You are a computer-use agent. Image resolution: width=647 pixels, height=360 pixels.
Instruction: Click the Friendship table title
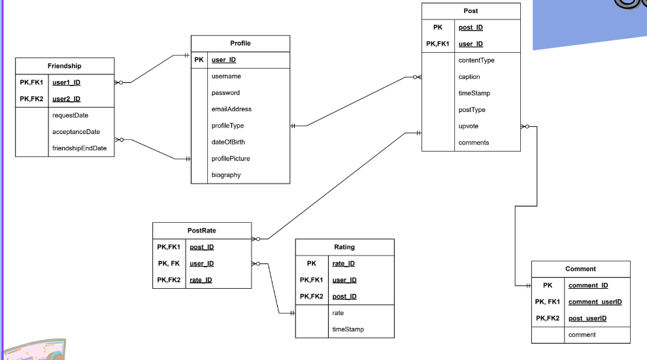65,66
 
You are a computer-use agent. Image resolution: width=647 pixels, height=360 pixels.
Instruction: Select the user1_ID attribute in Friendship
66,83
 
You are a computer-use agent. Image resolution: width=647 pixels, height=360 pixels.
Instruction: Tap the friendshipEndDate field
79,148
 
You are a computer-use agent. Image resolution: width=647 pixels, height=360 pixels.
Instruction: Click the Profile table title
240,43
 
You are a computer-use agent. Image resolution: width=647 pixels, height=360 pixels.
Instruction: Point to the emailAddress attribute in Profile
231,109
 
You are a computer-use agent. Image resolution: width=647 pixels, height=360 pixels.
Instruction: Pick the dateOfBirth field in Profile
228,142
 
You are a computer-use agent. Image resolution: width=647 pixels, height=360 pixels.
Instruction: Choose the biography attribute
226,175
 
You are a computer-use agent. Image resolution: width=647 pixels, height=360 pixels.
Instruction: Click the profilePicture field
231,159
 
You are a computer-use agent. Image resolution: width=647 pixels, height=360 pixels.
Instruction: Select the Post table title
471,11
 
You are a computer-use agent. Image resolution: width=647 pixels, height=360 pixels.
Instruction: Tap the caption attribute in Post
469,77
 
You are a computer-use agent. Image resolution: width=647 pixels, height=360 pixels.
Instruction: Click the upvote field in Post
469,126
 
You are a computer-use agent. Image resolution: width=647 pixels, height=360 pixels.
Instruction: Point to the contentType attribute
476,61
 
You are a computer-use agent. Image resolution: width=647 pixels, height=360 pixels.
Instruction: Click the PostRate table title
202,231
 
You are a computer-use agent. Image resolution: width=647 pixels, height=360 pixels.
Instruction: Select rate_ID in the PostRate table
201,280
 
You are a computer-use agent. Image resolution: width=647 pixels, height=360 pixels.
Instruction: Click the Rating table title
344,247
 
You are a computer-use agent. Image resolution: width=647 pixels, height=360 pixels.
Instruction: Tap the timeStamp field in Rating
348,329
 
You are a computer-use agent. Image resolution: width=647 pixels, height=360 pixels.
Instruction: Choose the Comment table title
580,269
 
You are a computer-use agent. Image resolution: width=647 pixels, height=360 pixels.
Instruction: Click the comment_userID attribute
595,302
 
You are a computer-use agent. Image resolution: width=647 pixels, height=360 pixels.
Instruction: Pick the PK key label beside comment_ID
548,286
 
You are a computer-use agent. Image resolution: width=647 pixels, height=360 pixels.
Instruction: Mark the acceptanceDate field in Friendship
76,132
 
